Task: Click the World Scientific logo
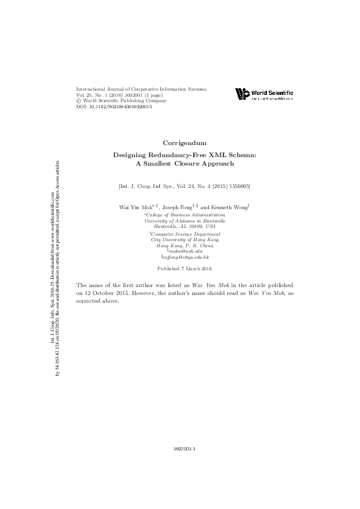pos(263,94)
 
